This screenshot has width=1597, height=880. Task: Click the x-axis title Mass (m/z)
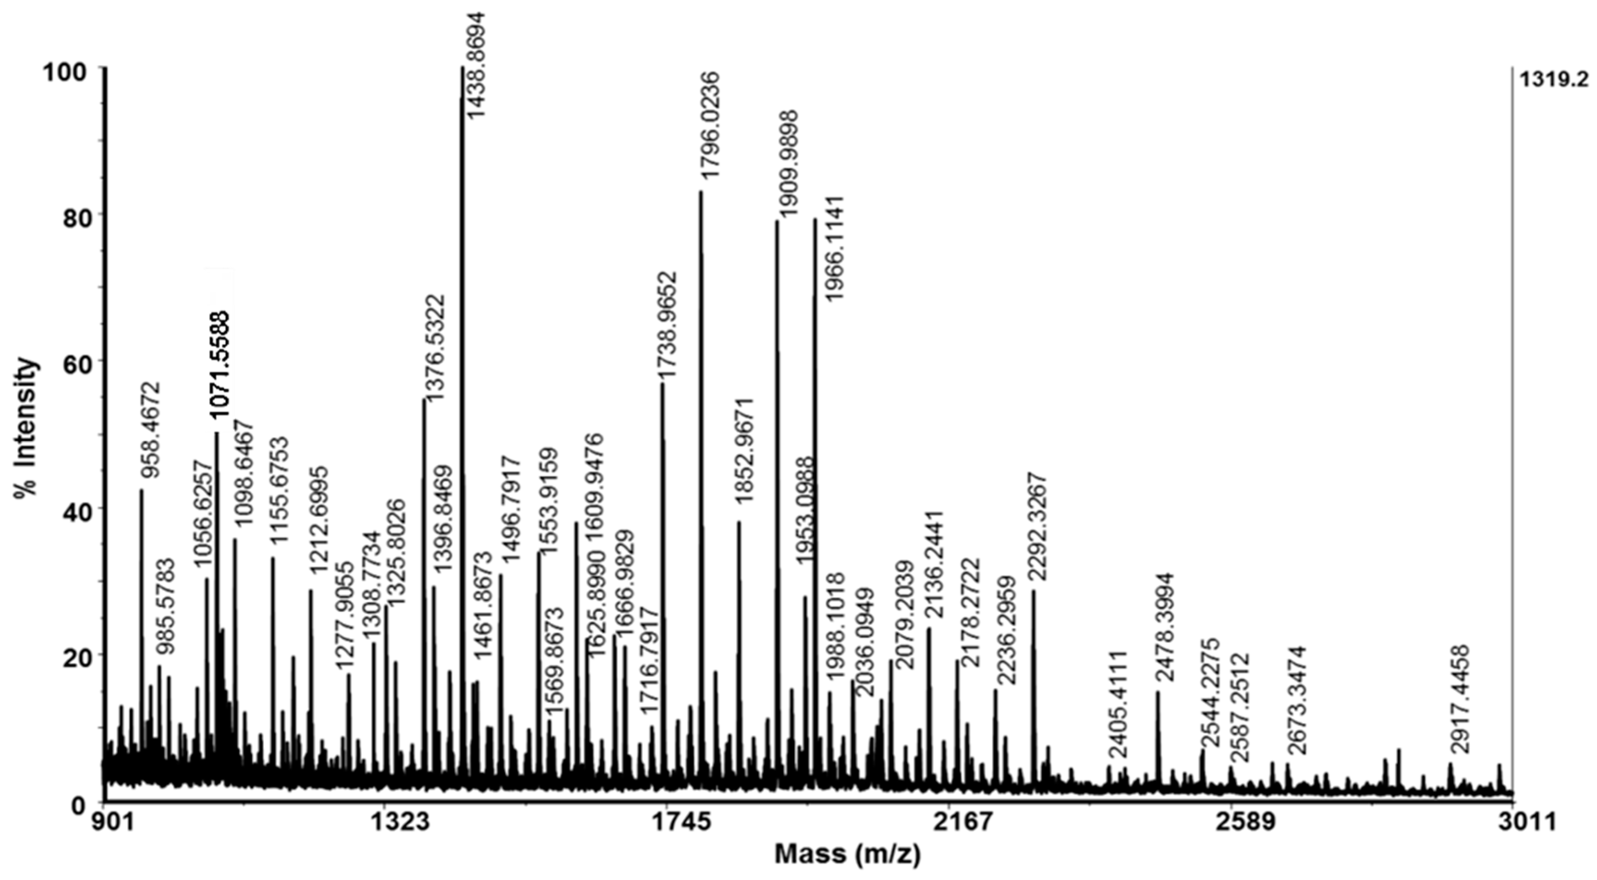[848, 855]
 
